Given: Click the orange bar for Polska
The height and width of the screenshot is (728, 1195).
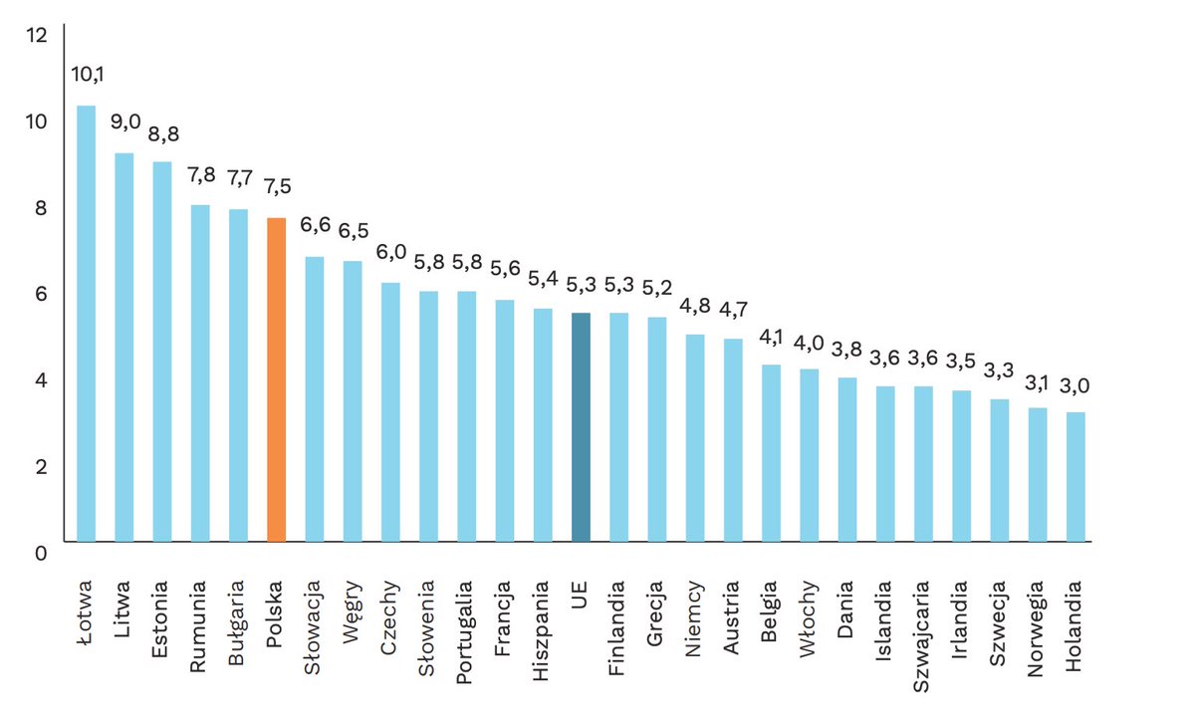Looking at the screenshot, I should click(277, 379).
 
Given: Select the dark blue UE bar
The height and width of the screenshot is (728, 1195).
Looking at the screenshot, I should click(581, 427).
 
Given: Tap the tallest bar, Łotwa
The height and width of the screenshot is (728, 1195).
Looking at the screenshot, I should click(87, 324).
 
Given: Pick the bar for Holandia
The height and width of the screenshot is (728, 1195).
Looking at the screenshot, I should click(1075, 477).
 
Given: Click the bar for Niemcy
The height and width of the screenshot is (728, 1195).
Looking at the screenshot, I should click(695, 438).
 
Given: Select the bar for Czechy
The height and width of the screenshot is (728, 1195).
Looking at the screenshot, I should click(390, 412).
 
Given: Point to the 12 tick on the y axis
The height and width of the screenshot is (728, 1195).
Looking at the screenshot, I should click(37, 36).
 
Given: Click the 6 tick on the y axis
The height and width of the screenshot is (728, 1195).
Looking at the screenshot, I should click(41, 294).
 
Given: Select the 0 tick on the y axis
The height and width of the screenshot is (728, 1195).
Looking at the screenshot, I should click(41, 553).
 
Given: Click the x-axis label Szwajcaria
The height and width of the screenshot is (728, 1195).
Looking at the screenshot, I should click(922, 625).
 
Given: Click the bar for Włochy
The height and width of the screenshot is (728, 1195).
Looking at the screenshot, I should click(809, 455).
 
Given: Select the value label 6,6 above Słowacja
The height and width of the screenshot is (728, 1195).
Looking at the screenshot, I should click(315, 225).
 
